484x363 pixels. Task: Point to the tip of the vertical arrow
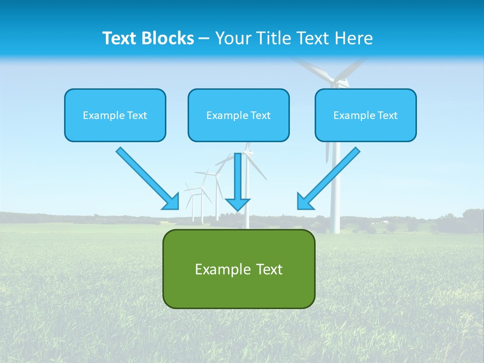[237, 210]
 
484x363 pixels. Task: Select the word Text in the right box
[388, 115]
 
